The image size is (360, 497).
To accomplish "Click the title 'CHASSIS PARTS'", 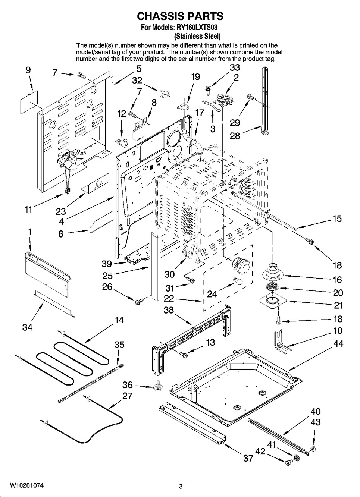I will (x=180, y=16).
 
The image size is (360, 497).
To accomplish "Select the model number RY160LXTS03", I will (x=197, y=28).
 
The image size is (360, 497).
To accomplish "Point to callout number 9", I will (x=28, y=70).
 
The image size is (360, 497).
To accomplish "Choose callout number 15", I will (x=336, y=218).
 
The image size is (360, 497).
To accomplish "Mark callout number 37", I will (x=248, y=458).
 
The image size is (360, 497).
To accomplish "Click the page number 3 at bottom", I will (x=181, y=486).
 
